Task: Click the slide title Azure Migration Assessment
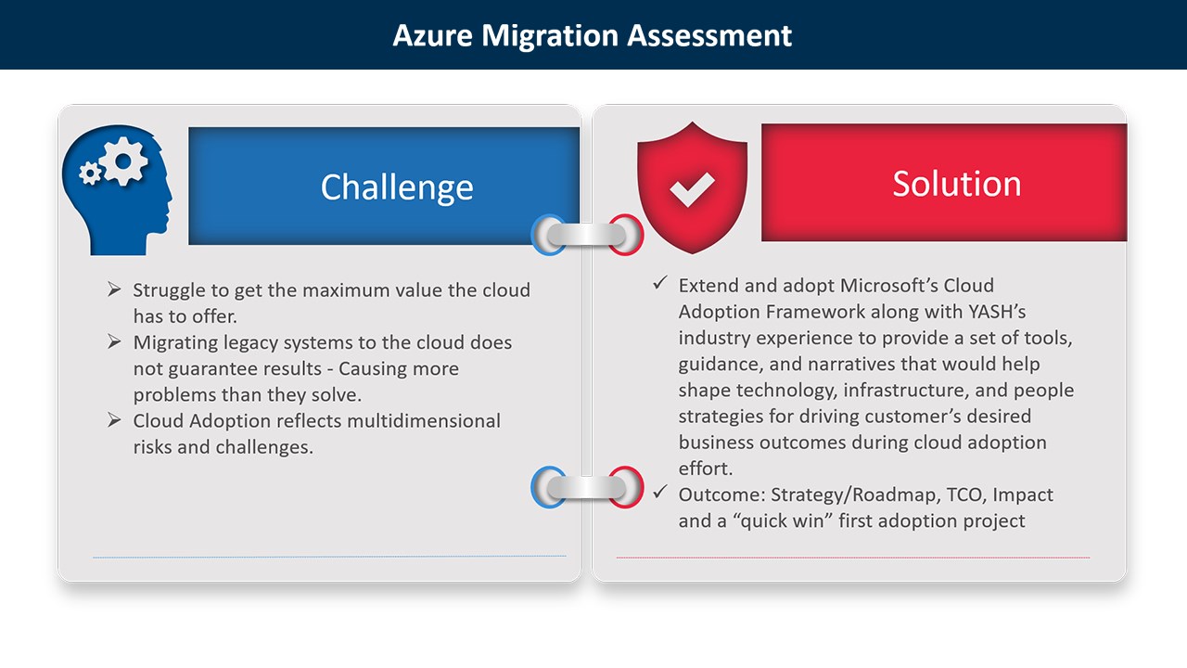pos(593,35)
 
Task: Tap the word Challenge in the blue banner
pos(397,187)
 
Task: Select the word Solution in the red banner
pos(956,184)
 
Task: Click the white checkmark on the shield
pos(692,189)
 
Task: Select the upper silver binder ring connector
pos(586,235)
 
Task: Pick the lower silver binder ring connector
pos(586,487)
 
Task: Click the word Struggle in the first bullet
pos(169,290)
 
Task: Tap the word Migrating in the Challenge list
pos(176,342)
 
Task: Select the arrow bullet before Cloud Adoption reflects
pos(114,421)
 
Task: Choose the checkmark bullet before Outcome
pos(660,494)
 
